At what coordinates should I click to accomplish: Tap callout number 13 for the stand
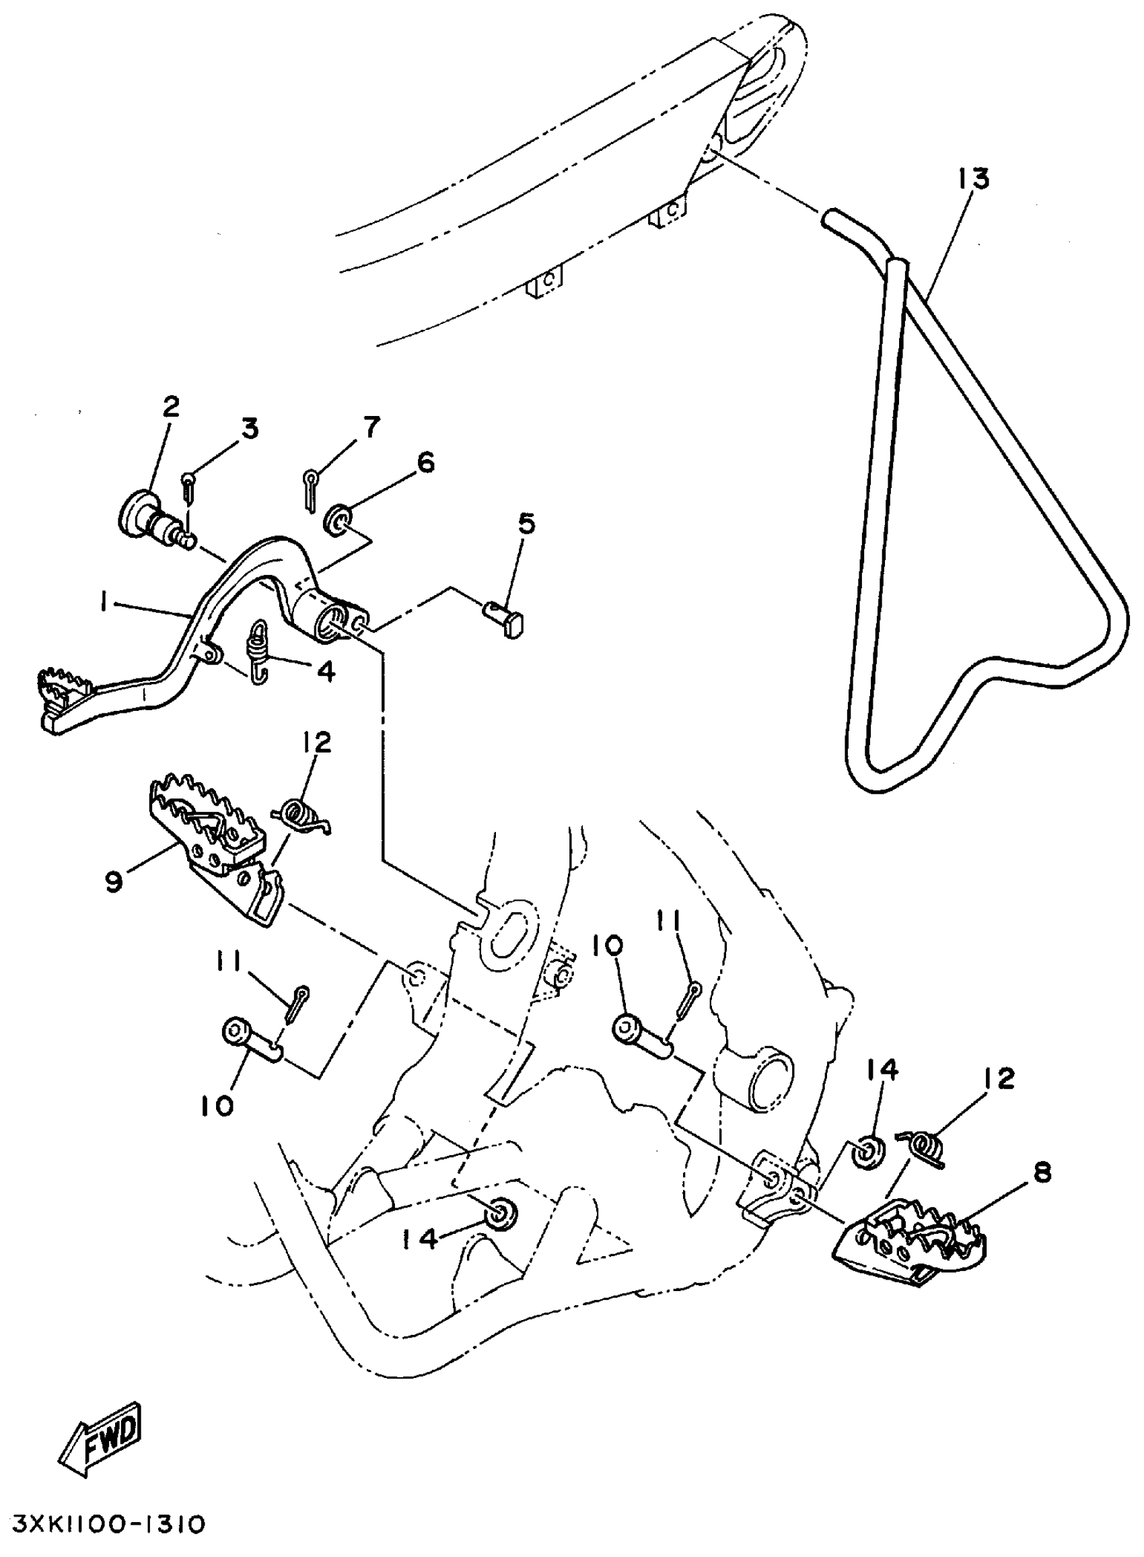point(974,178)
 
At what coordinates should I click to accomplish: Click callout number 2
point(170,406)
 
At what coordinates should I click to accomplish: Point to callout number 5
point(526,524)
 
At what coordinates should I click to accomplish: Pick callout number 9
point(115,881)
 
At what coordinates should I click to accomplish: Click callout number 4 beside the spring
point(326,670)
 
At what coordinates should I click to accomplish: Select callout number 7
point(372,427)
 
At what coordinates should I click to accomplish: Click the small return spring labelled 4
point(258,651)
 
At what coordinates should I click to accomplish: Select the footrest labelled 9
point(215,852)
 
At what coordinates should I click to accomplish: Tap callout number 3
point(249,428)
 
